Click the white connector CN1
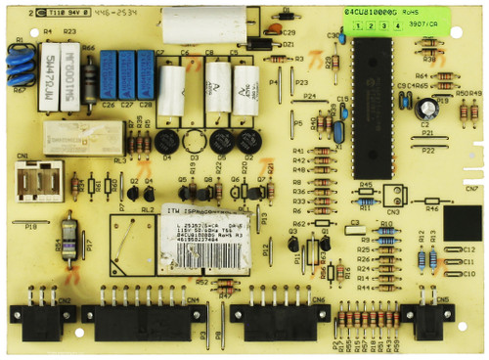(x=37, y=180)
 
